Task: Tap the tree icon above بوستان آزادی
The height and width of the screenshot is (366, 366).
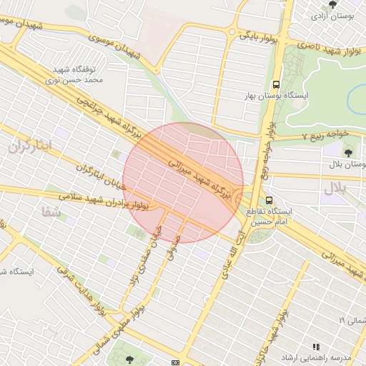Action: pos(332,4)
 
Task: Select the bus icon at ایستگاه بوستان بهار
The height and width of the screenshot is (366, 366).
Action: pos(277,83)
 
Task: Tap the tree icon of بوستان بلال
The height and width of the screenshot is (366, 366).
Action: pos(348,152)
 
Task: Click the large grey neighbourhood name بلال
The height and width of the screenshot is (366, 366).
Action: pos(335,188)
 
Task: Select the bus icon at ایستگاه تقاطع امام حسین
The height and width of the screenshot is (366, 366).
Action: pos(269,201)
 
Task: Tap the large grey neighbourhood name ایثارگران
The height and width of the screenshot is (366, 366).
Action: pos(31,147)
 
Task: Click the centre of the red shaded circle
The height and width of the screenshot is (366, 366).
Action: pos(183,182)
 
